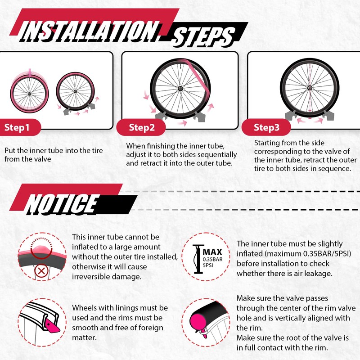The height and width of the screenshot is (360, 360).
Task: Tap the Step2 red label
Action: pos(141,127)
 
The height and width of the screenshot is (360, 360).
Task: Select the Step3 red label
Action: pos(266,127)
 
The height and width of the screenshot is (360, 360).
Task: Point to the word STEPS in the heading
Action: pos(203,37)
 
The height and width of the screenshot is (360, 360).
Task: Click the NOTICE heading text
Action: pos(63,204)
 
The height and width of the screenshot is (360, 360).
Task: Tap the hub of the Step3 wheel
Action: pos(310,87)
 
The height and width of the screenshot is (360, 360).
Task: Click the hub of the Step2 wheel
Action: pos(180,88)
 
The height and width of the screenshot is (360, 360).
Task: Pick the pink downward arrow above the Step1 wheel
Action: pos(30,72)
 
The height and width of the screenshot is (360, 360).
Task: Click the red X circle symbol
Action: pos(41,271)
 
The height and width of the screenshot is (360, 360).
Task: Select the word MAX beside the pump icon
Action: pos(212,252)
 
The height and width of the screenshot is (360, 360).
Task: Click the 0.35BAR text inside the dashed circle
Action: pos(212,260)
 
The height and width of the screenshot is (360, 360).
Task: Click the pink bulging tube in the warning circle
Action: pos(41,249)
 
